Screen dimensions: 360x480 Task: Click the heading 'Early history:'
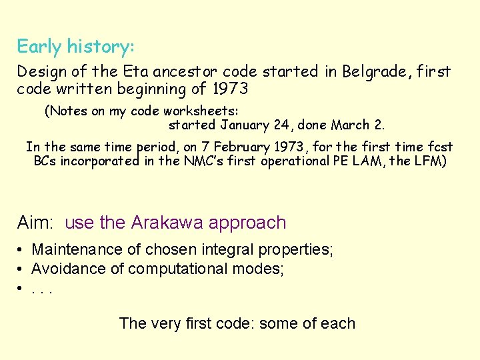75,47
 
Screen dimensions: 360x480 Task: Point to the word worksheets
203,111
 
